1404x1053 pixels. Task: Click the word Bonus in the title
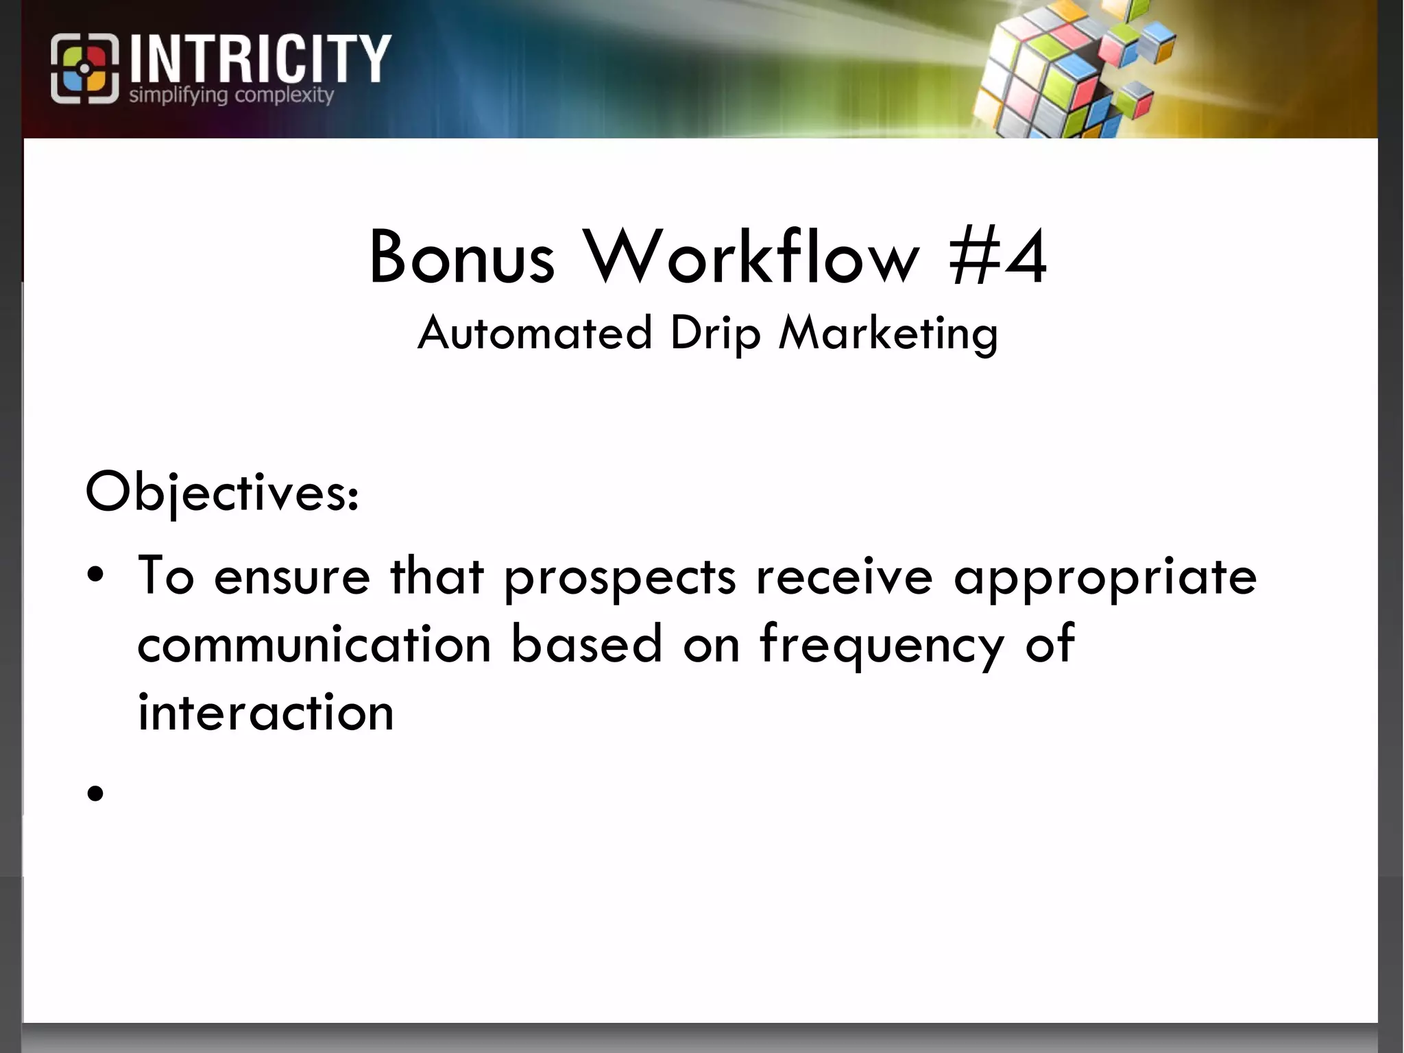click(461, 257)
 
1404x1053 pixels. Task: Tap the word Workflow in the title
click(751, 257)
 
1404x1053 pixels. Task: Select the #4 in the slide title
click(998, 257)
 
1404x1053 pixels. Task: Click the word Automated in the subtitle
click(535, 333)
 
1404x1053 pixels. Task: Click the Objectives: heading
click(221, 492)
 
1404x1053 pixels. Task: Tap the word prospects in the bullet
click(620, 577)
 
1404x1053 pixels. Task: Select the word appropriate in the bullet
click(1105, 577)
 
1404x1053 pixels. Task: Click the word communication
click(315, 644)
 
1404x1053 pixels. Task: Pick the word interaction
click(266, 713)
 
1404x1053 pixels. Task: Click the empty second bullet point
click(95, 793)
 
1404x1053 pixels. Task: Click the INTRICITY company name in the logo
click(260, 60)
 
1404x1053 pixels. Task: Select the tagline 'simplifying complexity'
click(231, 95)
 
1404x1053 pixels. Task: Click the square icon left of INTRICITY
click(84, 69)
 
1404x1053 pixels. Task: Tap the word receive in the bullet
click(844, 576)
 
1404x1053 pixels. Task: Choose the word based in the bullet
click(587, 644)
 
